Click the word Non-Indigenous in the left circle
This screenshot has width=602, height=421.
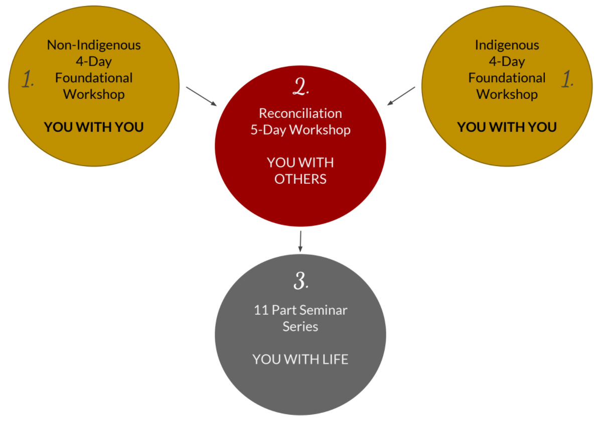pyautogui.click(x=94, y=45)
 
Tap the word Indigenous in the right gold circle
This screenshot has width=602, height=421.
pyautogui.click(x=507, y=45)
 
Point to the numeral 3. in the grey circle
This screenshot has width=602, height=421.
pyautogui.click(x=300, y=282)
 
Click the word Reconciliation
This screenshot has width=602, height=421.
pyautogui.click(x=300, y=113)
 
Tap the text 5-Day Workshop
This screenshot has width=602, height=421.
pyautogui.click(x=300, y=129)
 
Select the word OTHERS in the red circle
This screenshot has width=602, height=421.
pyautogui.click(x=300, y=179)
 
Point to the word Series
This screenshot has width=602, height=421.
pyautogui.click(x=300, y=326)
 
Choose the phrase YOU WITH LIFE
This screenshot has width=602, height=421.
pyautogui.click(x=300, y=359)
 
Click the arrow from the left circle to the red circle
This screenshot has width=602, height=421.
pyautogui.click(x=202, y=96)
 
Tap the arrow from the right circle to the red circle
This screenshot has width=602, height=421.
pyautogui.click(x=401, y=96)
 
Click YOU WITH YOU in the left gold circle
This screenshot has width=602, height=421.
pyautogui.click(x=94, y=127)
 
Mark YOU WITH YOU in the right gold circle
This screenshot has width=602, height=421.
pyautogui.click(x=507, y=127)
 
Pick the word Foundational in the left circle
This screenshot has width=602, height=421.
pyautogui.click(x=94, y=78)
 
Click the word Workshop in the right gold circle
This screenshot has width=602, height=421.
pyautogui.click(x=507, y=94)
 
